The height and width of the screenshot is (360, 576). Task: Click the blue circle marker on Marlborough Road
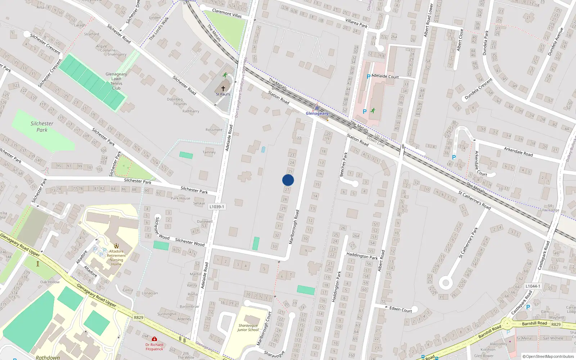[288, 180]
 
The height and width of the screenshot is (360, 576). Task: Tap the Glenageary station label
[317, 113]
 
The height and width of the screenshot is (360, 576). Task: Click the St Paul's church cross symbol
[223, 88]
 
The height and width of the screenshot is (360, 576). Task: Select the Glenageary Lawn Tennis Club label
[116, 81]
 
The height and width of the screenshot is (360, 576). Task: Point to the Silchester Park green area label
[42, 126]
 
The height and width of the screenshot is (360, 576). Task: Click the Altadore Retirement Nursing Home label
[116, 258]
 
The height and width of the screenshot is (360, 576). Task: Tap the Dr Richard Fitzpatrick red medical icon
[154, 339]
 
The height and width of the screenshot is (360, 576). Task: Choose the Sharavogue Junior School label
[248, 328]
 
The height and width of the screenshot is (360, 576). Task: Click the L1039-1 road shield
[217, 207]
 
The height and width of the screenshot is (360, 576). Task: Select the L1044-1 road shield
[532, 286]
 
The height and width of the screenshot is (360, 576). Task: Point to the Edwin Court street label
[401, 309]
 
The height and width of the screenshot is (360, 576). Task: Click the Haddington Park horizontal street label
[362, 256]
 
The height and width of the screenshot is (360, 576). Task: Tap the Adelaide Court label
[385, 76]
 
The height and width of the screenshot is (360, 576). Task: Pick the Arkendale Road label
[518, 151]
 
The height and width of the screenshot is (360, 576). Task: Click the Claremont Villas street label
[227, 13]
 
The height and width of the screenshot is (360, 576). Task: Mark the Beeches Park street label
[343, 164]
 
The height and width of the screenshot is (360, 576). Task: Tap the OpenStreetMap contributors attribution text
[548, 356]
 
